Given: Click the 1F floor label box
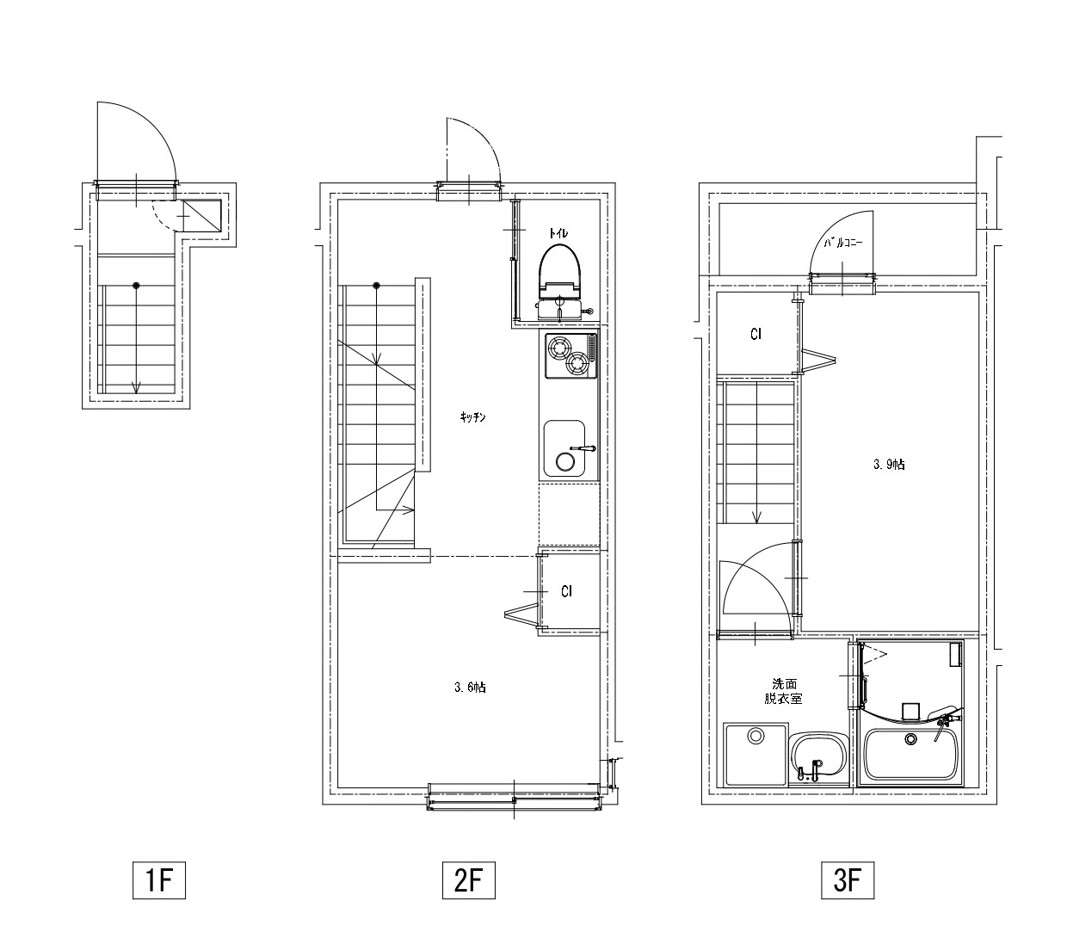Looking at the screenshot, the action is [158, 879].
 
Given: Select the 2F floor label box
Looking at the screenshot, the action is [468, 879].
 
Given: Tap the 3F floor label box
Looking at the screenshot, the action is [848, 879].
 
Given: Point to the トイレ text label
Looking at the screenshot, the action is [558, 232].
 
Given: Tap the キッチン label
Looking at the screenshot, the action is [472, 417].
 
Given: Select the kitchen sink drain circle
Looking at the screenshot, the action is [565, 462].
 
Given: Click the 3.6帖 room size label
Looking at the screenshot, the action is [470, 687].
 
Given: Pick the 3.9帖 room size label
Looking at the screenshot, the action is [889, 464].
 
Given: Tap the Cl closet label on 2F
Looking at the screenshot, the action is [566, 591].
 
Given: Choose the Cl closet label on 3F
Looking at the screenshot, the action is [756, 334].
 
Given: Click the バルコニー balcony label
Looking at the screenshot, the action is [842, 243].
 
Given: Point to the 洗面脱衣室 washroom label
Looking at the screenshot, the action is [783, 691].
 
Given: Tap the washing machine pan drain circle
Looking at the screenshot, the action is [756, 736].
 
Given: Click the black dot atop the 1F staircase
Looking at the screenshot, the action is [137, 286].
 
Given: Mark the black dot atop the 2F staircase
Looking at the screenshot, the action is [376, 286].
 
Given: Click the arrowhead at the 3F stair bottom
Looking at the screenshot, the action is [757, 518].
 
